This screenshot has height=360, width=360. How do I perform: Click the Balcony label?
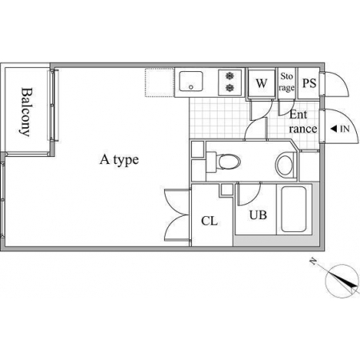[x=27, y=112]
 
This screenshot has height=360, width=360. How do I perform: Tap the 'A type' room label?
[x=119, y=160]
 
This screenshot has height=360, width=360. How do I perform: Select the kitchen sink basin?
[x=190, y=82]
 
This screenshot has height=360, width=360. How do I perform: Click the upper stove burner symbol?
[x=230, y=76]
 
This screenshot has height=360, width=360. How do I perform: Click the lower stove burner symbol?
[x=230, y=87]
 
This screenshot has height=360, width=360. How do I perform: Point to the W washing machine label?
[x=262, y=83]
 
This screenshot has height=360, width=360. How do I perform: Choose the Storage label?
[x=286, y=82]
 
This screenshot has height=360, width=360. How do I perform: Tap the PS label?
[x=310, y=83]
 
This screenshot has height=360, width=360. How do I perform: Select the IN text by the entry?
[x=345, y=129]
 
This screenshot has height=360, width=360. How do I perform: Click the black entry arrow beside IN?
[x=334, y=129]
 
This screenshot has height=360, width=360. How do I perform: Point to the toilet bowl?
[x=229, y=162]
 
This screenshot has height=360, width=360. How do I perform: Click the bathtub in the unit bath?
[x=294, y=209]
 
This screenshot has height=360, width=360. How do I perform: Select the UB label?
[x=258, y=215]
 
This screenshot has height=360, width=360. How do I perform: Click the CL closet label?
[x=210, y=221]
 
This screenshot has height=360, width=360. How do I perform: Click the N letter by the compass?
[x=314, y=262]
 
